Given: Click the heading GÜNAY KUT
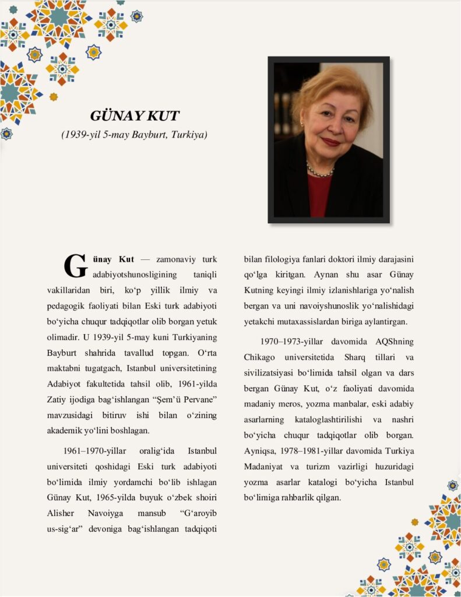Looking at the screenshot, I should point(134,115).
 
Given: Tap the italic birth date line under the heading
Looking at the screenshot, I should point(134,135).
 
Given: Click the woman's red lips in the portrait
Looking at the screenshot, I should point(330,142).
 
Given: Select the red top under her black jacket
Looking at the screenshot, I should point(319,195).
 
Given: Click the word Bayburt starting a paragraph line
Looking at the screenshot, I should point(63,353).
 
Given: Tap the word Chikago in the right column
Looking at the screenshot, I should point(261,356).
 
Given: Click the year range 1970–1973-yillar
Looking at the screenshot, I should point(293,341).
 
